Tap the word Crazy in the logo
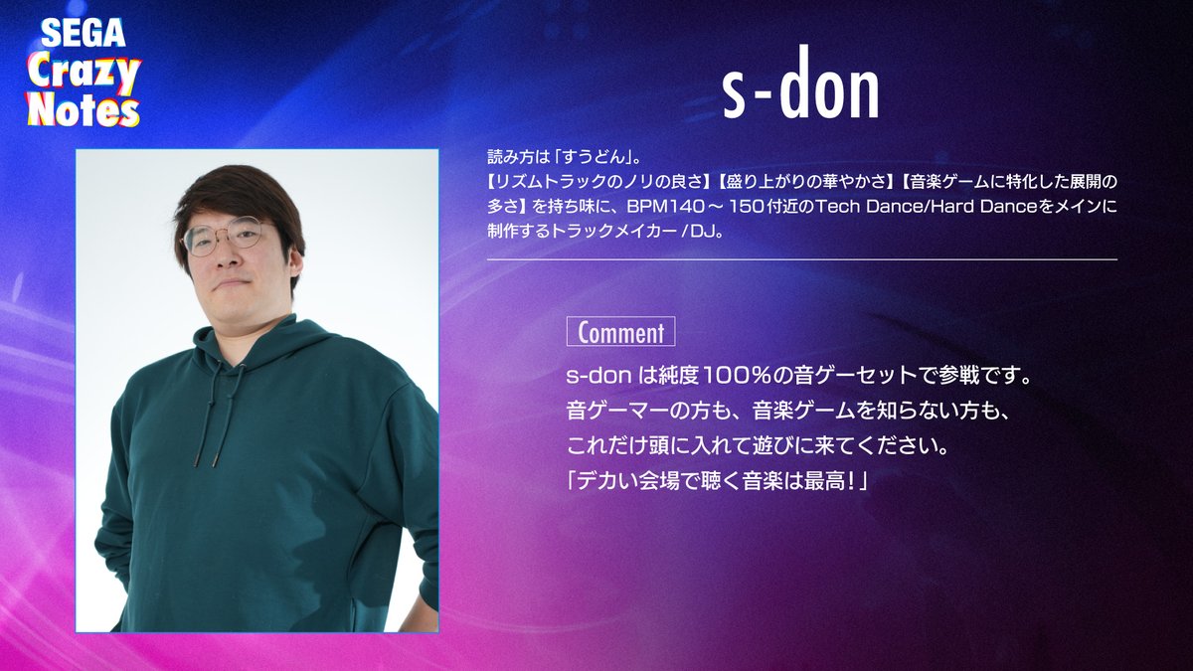(84, 72)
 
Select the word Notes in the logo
(84, 107)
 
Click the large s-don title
(800, 91)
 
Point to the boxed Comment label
(620, 332)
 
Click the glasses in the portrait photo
(225, 237)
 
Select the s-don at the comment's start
(593, 378)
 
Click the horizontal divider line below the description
(801, 259)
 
